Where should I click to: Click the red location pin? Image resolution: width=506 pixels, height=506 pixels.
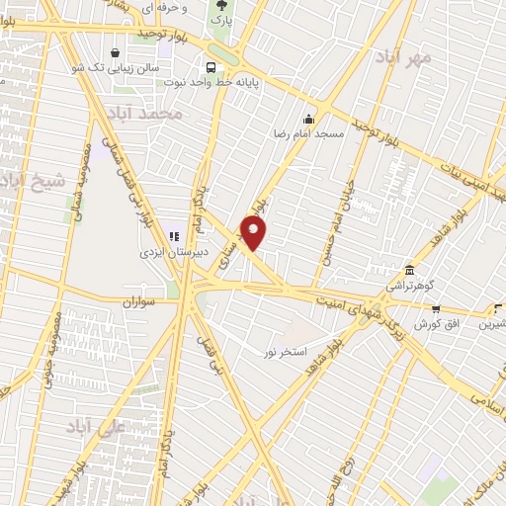coord(254,232)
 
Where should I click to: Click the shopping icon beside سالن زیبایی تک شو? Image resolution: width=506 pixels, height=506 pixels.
coord(118,52)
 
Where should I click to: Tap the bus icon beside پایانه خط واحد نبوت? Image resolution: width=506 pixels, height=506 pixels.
coord(211,67)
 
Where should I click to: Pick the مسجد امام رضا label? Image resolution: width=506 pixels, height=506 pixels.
coord(309,133)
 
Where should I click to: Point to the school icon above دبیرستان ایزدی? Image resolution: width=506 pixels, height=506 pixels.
coord(173,236)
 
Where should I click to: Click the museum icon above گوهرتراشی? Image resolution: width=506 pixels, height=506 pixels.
coord(409,270)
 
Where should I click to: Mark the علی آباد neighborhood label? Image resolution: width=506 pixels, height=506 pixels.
coord(92,425)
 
